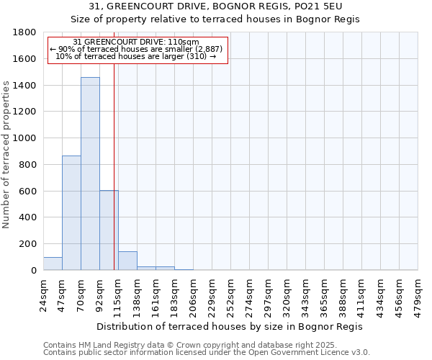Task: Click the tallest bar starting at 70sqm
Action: click(90, 174)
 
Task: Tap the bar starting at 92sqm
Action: click(109, 230)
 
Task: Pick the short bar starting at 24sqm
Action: click(53, 264)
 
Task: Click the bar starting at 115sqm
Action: click(127, 261)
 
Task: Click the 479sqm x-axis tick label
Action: click(418, 294)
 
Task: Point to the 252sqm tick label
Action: click(230, 294)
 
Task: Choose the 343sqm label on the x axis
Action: click(305, 294)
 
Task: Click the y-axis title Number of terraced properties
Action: click(6, 155)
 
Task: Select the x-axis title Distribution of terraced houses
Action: click(230, 326)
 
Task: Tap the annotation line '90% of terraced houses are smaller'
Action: click(137, 49)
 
